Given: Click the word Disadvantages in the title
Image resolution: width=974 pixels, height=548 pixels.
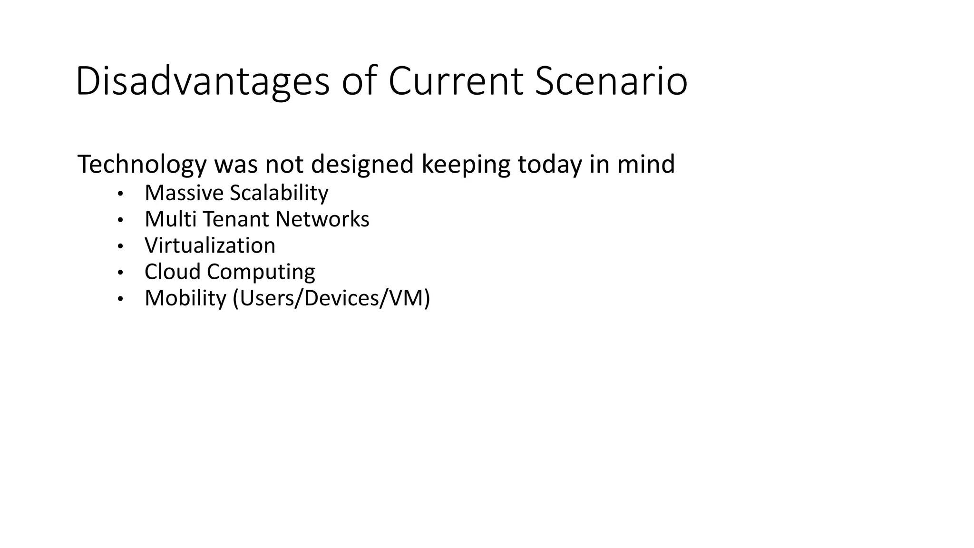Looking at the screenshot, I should (202, 82).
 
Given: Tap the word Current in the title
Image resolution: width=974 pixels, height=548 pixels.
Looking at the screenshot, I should (456, 82).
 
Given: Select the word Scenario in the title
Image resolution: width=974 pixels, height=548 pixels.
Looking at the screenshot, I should (611, 82).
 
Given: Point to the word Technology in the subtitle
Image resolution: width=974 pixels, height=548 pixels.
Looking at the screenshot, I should (142, 165).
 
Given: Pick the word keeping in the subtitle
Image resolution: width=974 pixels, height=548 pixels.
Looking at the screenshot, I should (466, 165).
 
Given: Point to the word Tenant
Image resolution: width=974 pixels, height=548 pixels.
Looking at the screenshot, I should (236, 219).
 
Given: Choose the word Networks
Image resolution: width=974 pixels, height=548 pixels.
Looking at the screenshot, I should (322, 219).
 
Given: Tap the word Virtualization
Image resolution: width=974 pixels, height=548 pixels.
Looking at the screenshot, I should (210, 245).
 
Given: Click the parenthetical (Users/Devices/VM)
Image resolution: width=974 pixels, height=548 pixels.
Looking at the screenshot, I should (331, 299).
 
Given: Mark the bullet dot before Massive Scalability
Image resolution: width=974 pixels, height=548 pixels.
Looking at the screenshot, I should (120, 194).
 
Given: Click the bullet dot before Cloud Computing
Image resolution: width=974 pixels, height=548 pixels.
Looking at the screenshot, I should (120, 273).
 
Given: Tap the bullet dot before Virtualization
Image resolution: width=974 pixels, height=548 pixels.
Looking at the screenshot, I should (120, 246).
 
